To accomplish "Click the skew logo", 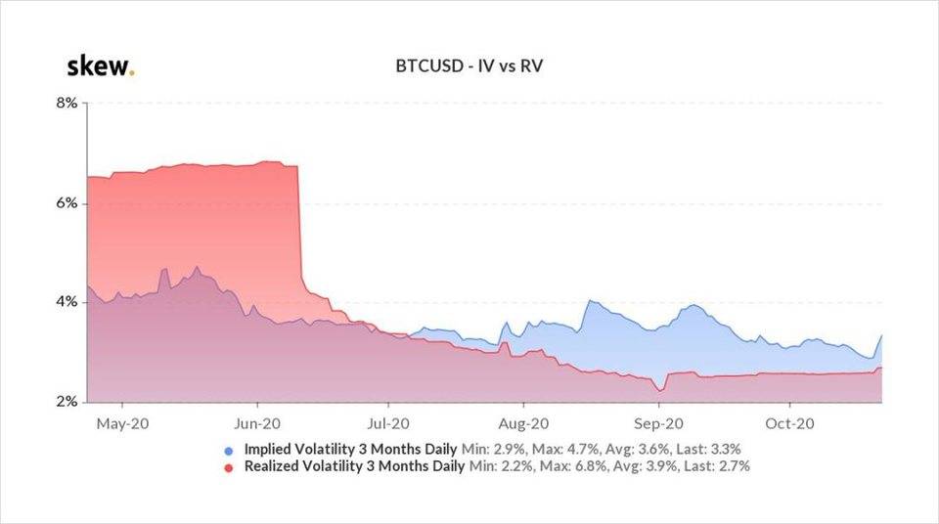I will [99, 67].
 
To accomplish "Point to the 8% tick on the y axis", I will [66, 103].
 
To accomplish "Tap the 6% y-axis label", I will [66, 203].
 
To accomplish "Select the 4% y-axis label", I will [66, 303].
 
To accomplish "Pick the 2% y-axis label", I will [66, 402].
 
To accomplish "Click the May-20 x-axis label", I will [122, 424].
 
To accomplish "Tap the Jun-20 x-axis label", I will [258, 424].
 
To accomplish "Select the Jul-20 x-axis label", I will [387, 424].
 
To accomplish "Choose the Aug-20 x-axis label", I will [522, 424].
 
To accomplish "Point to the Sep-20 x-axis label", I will [657, 424].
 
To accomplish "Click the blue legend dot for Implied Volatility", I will [229, 451].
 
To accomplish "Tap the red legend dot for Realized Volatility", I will [229, 467].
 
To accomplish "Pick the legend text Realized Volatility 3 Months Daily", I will [356, 466].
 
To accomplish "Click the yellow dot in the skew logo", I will [132, 73].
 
